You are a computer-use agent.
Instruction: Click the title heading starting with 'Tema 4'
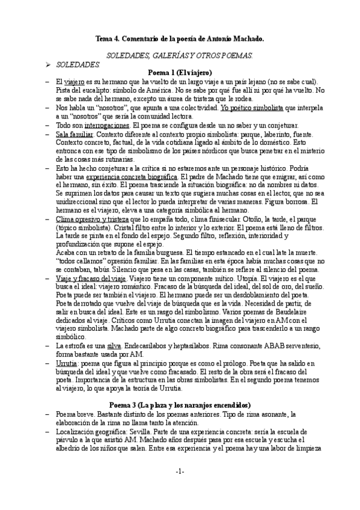(x=180, y=38)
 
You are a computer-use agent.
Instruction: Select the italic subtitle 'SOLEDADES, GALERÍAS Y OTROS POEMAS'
(x=180, y=55)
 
